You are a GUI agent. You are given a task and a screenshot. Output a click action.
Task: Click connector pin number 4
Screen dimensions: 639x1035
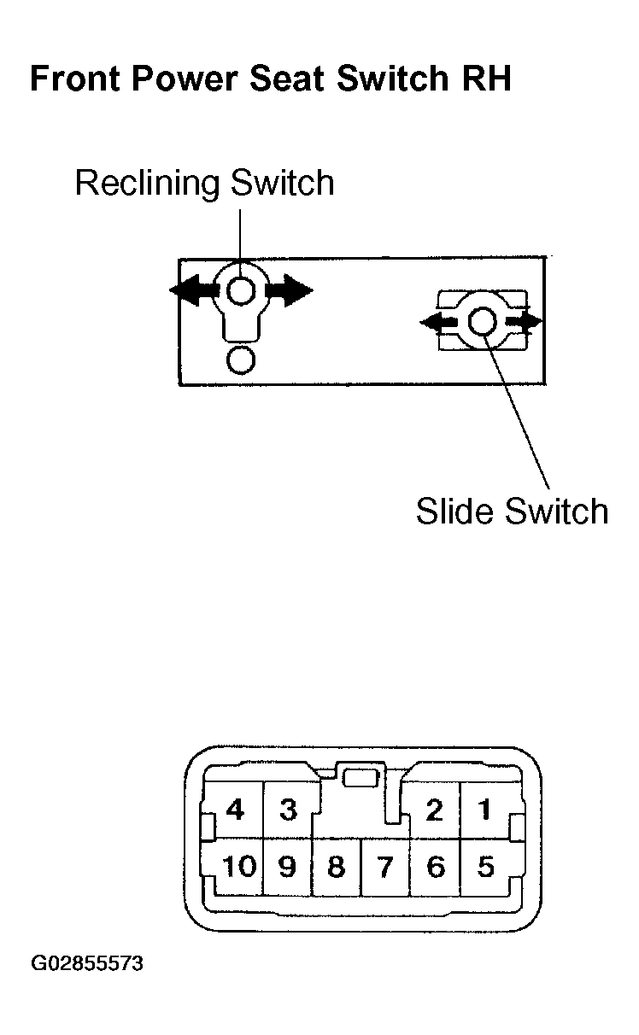(x=235, y=810)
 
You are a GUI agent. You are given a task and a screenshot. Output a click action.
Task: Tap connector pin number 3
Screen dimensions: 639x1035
(x=289, y=810)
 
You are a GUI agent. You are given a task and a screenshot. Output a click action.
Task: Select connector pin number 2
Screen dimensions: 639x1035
(x=434, y=810)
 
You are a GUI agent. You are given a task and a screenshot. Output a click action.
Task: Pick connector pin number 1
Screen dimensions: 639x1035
(x=484, y=810)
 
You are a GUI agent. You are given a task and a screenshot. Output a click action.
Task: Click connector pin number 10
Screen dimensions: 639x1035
(x=239, y=866)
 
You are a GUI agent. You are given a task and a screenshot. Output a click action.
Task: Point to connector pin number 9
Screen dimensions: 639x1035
(x=287, y=866)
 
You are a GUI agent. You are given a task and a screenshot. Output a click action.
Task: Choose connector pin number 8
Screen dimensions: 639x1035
(x=336, y=866)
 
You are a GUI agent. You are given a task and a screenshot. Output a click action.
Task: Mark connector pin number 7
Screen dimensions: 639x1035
(x=384, y=866)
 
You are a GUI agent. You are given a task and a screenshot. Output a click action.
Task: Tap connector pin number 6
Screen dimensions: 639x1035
(x=436, y=866)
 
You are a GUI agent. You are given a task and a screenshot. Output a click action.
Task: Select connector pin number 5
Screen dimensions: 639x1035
(x=485, y=866)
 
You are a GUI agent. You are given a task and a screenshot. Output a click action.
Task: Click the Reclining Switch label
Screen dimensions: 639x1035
(x=204, y=184)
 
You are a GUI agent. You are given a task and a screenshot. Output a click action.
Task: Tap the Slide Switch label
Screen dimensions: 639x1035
(x=512, y=511)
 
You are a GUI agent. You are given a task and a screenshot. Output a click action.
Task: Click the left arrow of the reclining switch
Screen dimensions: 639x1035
(x=193, y=290)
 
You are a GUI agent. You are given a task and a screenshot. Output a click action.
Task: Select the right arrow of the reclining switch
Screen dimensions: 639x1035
(x=290, y=290)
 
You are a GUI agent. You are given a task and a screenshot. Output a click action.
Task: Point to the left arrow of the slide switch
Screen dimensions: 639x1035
(x=438, y=321)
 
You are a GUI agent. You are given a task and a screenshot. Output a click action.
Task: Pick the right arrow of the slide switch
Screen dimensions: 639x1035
(x=524, y=321)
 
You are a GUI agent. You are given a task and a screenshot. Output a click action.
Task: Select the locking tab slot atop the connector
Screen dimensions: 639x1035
(x=361, y=778)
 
